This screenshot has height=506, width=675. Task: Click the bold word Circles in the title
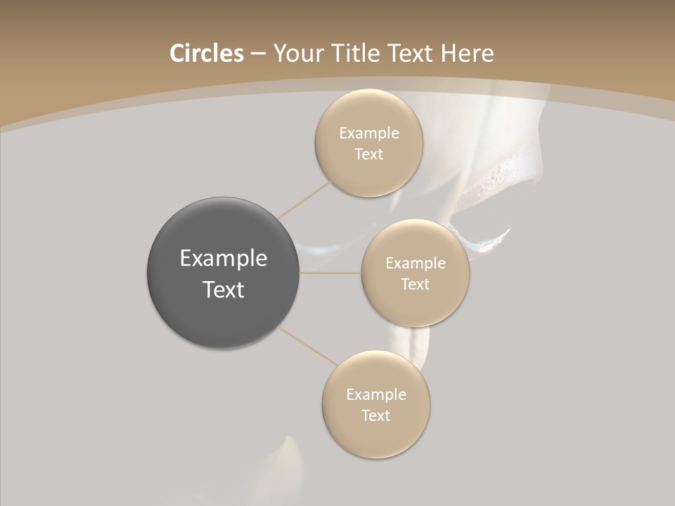[x=207, y=53]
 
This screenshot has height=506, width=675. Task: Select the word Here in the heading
[x=467, y=53]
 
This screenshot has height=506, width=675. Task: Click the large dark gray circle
[x=223, y=320]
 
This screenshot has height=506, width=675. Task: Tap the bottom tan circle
[x=376, y=439]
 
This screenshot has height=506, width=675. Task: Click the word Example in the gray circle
[x=224, y=259]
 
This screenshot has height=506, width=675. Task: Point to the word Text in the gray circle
[x=224, y=290]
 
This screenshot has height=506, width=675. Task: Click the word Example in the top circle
[x=369, y=134]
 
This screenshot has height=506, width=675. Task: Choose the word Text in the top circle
[x=369, y=155]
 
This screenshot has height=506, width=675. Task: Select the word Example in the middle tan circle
[x=416, y=264]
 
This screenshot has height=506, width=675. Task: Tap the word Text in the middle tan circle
[x=416, y=285]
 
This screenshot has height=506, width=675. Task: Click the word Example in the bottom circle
[x=376, y=395]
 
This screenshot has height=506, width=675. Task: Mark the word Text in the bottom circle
[x=376, y=416]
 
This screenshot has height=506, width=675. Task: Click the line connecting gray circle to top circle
[x=304, y=200]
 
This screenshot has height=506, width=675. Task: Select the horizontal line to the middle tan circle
[x=330, y=273]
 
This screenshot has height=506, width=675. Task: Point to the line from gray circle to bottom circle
[x=308, y=346]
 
